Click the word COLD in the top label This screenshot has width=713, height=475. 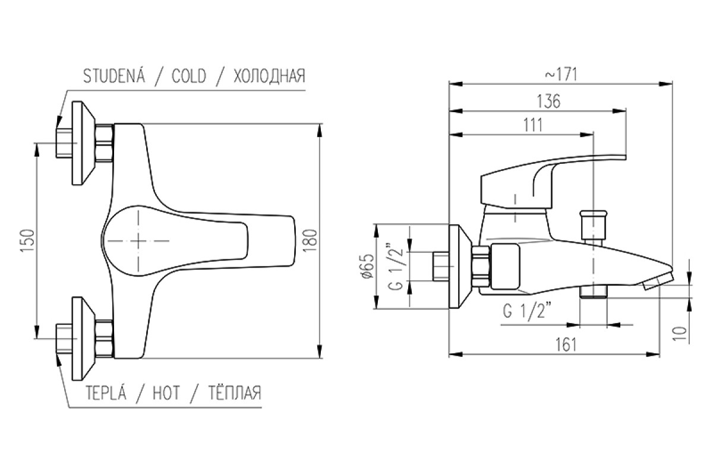[x=189, y=76]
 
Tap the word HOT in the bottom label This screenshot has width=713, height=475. [x=166, y=392]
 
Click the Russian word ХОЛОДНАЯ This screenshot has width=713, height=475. [x=269, y=76]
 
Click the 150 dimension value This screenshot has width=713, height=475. [x=27, y=241]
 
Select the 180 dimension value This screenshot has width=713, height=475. [x=310, y=241]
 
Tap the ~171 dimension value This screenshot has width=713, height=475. [x=561, y=75]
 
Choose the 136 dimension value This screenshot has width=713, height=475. [x=549, y=101]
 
